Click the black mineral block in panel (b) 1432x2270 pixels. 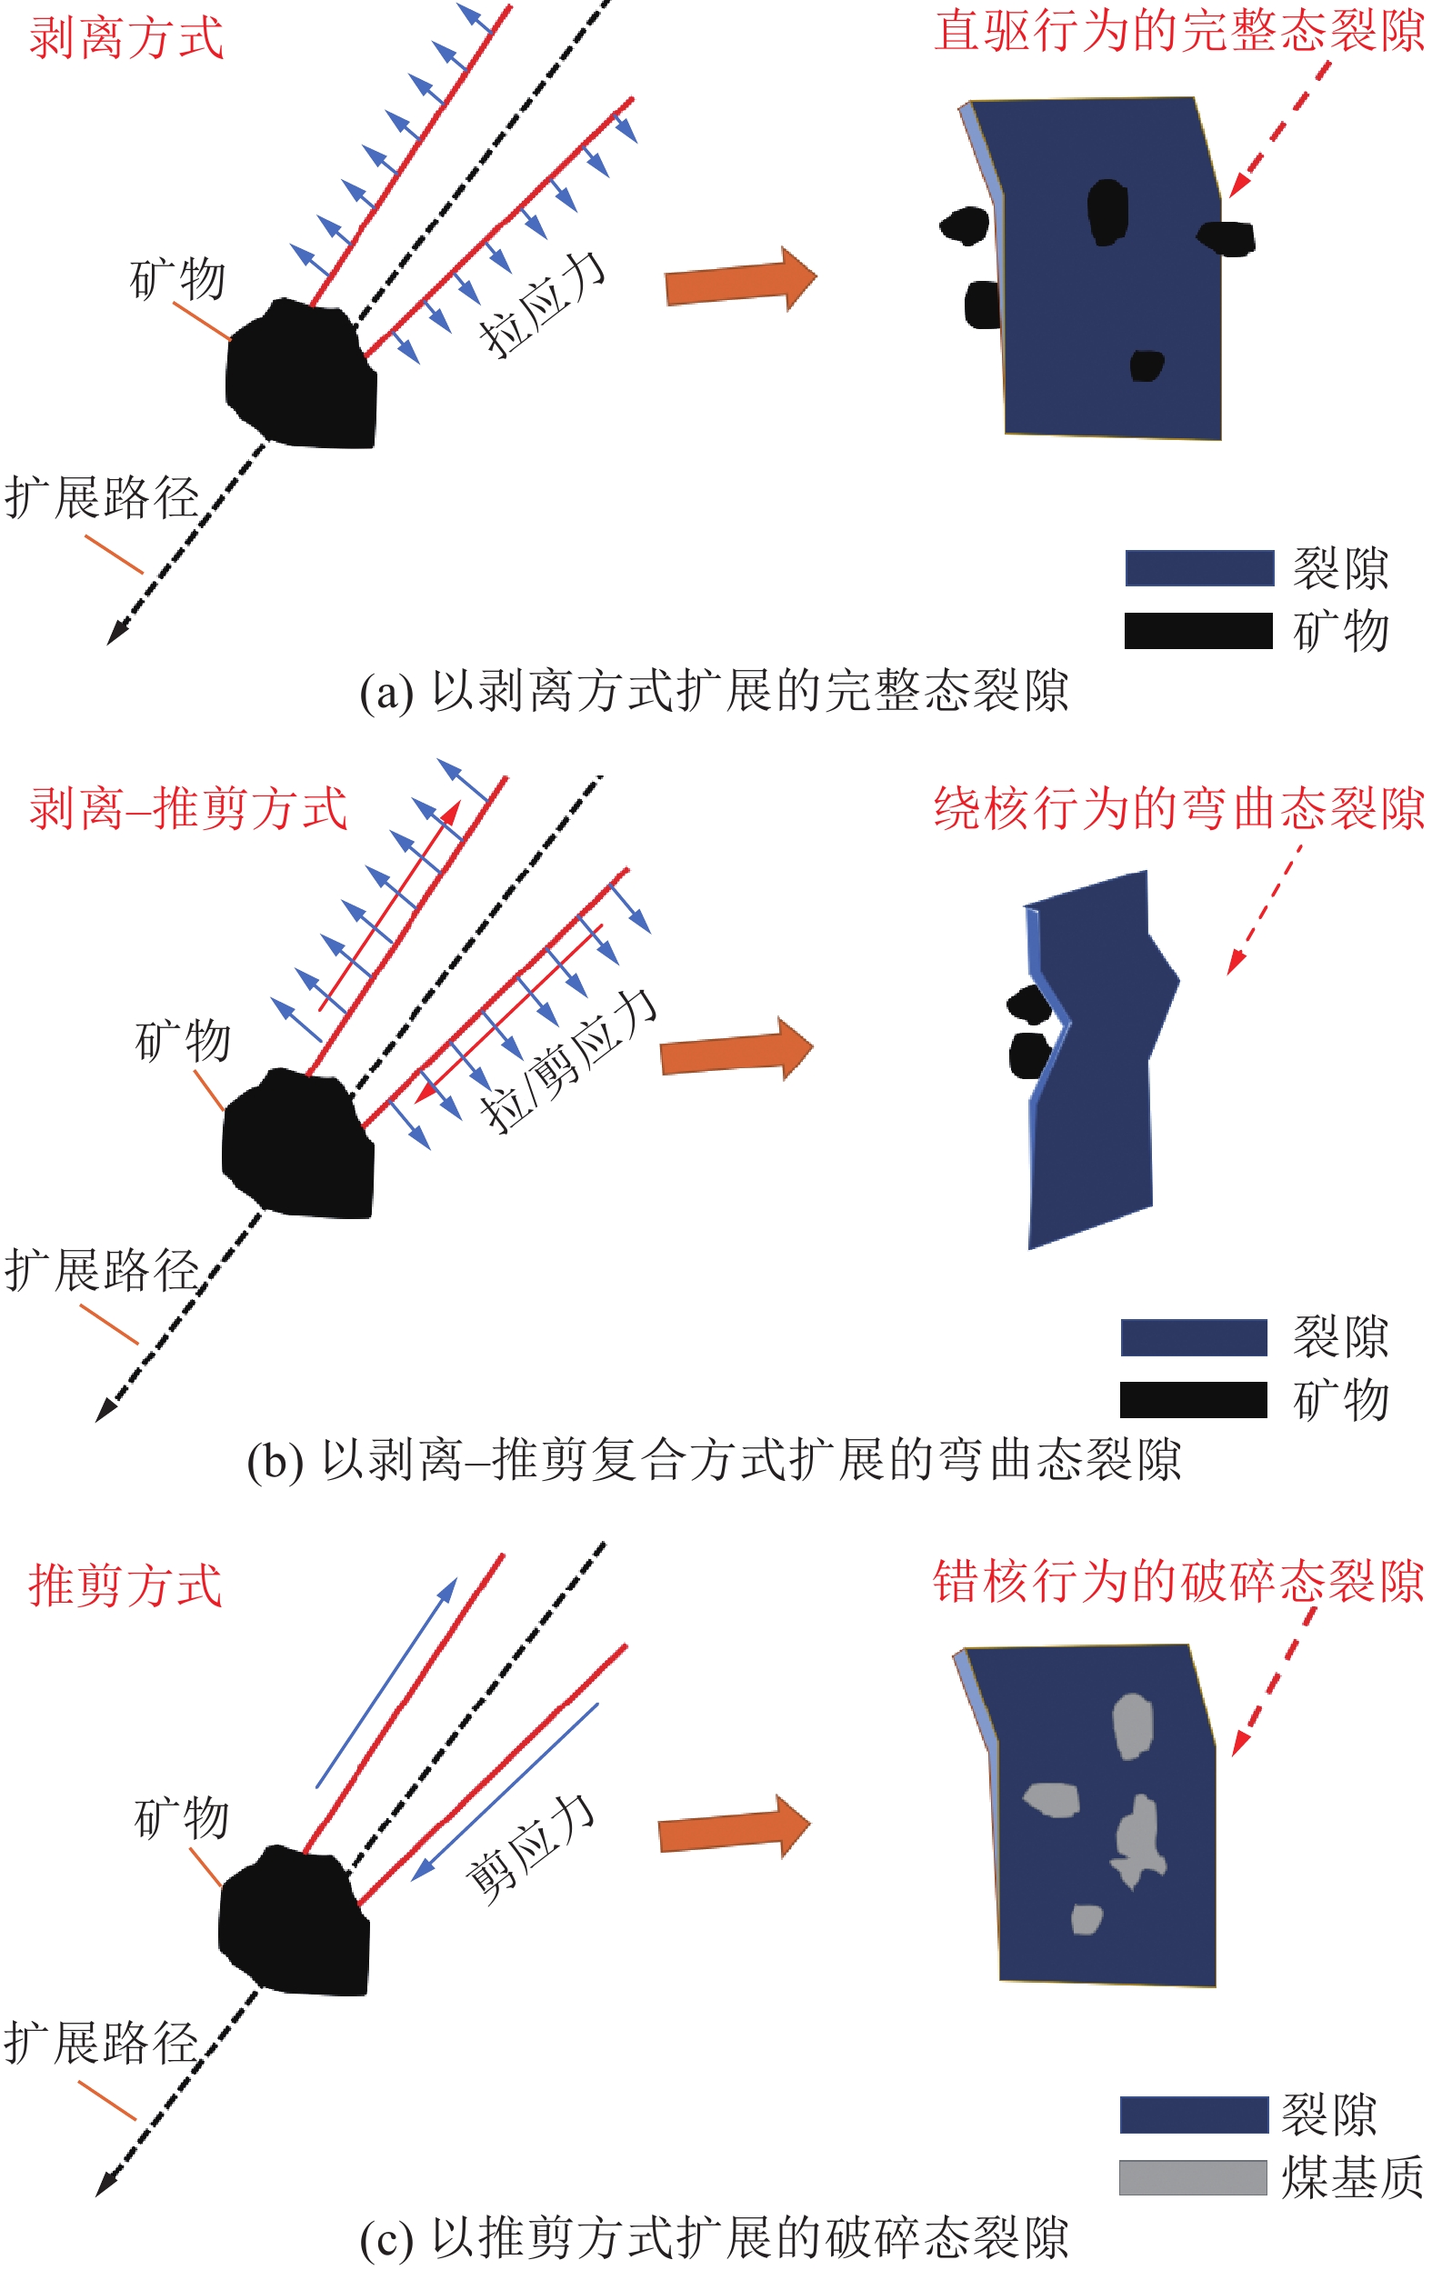coord(298,1144)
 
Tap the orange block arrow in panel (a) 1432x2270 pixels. coord(741,279)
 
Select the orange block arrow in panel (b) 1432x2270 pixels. coord(736,1049)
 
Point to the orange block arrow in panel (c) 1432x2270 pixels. coord(735,1826)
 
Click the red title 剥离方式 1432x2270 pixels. coord(126,39)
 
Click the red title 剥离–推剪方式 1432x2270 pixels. coord(188,809)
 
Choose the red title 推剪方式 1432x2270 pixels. coord(125,1585)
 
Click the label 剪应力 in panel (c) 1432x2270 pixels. coord(531,1850)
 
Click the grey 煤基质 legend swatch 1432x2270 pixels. coord(1193,2177)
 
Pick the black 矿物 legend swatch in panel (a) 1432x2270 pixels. coord(1198,631)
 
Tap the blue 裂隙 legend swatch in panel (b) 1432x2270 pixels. coord(1194,1337)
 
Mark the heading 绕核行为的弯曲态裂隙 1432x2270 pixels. coord(1179,808)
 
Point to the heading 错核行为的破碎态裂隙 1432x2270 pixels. coord(1178,1581)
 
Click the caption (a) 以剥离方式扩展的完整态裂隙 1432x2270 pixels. coord(715,691)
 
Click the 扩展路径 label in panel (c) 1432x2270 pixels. coord(102,2043)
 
